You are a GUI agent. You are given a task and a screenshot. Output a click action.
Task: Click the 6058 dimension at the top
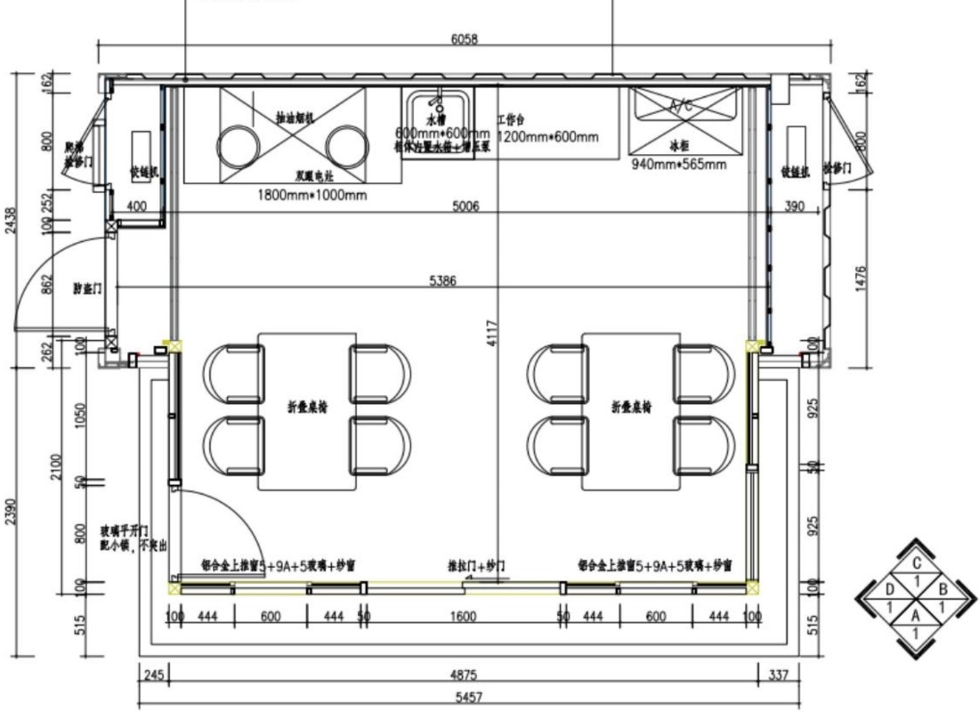465,39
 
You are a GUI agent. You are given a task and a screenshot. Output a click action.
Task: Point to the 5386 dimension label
442,281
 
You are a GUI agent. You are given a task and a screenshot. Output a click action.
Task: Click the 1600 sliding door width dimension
463,617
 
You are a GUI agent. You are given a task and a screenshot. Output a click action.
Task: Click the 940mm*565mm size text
678,164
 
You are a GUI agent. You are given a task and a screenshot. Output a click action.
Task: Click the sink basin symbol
437,110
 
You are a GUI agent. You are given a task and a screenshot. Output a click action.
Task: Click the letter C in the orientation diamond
916,562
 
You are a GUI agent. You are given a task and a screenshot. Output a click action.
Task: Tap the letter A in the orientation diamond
916,613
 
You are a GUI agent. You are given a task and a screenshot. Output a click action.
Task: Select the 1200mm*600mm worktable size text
547,137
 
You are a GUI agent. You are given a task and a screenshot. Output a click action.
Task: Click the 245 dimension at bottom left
152,676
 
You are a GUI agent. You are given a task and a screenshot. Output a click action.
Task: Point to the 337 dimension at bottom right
778,676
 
